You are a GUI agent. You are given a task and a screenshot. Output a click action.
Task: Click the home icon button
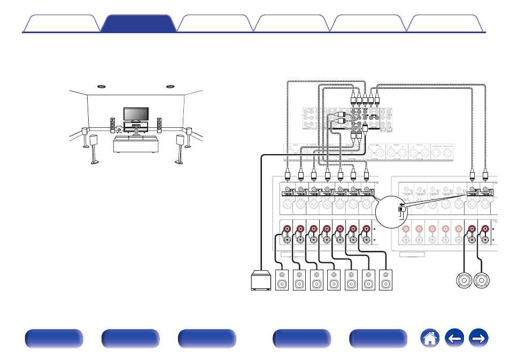point(430,339)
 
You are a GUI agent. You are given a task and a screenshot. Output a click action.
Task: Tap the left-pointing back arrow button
point(454,339)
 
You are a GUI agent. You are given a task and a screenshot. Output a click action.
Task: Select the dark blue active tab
point(138,24)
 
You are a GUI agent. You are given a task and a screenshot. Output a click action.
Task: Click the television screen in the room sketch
point(136,114)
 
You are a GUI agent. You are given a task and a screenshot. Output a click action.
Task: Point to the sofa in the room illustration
point(136,144)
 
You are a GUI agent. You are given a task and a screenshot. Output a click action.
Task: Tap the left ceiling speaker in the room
point(100,86)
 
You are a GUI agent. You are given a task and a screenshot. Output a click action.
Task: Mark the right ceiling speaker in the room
point(171,86)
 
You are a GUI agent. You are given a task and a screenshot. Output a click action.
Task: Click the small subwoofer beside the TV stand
point(119,130)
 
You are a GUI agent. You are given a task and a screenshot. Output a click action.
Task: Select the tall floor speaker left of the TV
point(113,125)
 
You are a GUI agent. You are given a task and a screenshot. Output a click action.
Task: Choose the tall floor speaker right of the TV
point(159,125)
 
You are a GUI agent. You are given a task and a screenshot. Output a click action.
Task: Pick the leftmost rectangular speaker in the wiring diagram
point(282,281)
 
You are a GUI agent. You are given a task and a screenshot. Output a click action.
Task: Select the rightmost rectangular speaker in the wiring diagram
point(385,281)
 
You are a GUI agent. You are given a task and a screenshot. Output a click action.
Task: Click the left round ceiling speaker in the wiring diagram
point(464,281)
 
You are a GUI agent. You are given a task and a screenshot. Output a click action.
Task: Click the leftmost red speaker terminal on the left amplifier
point(288,229)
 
